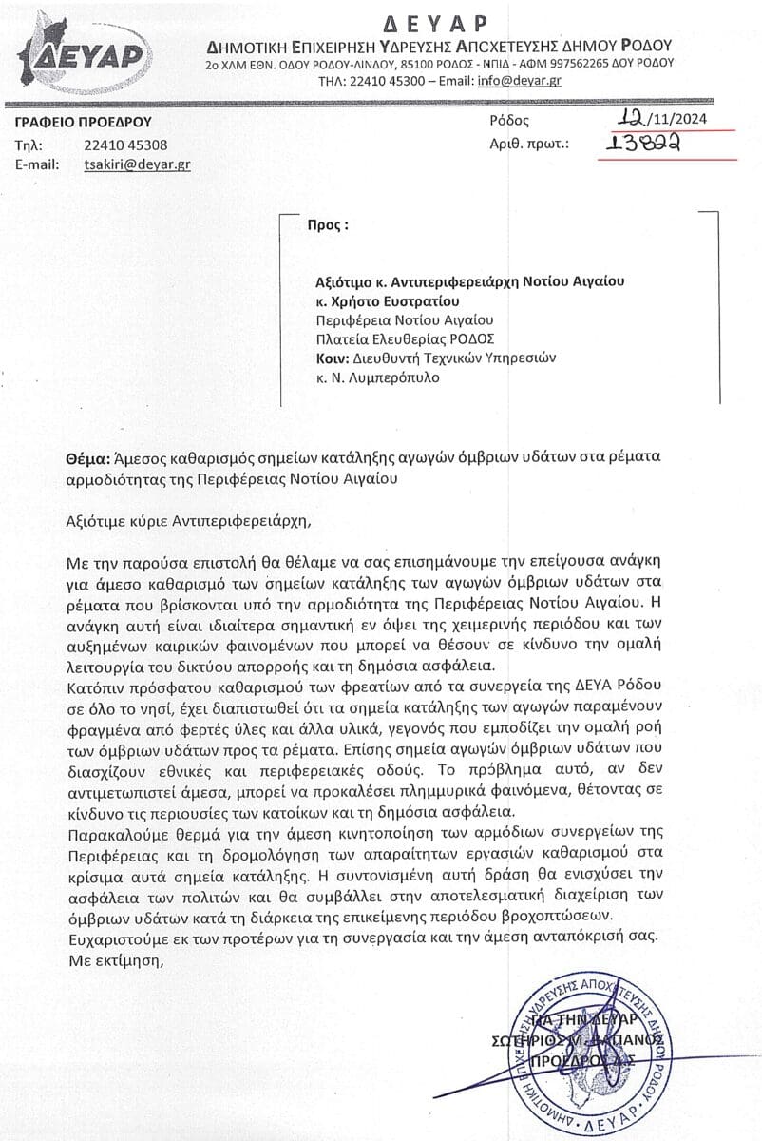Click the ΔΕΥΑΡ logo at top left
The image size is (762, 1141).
(x=86, y=52)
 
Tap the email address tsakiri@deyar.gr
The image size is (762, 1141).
(x=137, y=164)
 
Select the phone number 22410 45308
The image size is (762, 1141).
(x=126, y=145)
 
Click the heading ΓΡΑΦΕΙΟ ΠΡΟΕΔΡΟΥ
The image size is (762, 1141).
(x=84, y=122)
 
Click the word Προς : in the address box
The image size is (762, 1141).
(x=328, y=226)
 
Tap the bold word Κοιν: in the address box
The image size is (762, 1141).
(x=333, y=358)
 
